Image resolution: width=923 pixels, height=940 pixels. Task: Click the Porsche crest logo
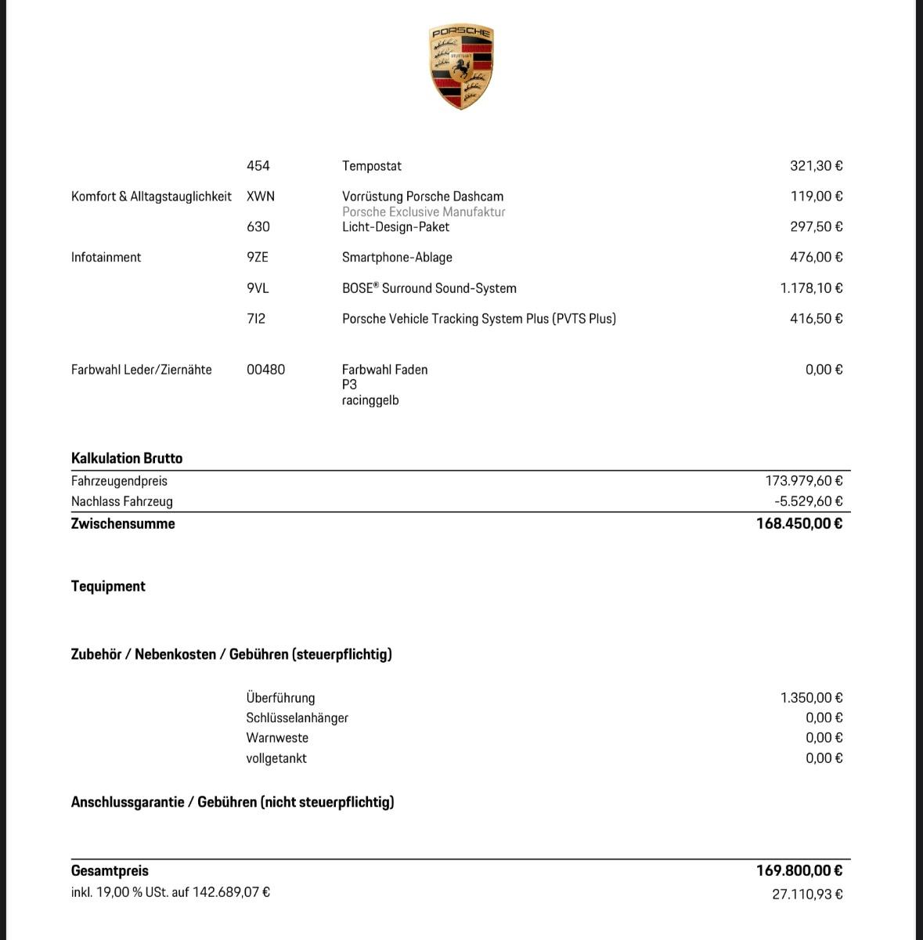(x=461, y=67)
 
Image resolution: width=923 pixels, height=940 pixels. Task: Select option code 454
(x=258, y=166)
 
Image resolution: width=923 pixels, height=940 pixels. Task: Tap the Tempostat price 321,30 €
(x=816, y=166)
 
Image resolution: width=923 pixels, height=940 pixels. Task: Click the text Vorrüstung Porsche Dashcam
(x=423, y=197)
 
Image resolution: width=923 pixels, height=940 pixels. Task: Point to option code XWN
(x=261, y=197)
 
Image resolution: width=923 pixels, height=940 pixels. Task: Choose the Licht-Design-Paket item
(x=395, y=227)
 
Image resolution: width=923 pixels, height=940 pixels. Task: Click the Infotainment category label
(x=106, y=258)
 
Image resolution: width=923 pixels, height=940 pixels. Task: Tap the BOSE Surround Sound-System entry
(x=429, y=288)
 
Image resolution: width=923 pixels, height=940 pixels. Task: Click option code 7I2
(x=256, y=319)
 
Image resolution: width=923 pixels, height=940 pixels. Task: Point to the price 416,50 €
(x=816, y=319)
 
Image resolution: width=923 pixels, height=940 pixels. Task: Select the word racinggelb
(x=370, y=400)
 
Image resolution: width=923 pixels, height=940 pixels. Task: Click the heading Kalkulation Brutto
(x=127, y=458)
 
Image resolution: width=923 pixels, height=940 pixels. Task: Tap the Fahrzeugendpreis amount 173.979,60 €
(x=804, y=481)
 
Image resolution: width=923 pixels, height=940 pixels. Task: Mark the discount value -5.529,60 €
(x=808, y=501)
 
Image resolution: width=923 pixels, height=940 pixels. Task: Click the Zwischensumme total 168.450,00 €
(x=799, y=523)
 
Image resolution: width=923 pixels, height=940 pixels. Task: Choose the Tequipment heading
(x=108, y=586)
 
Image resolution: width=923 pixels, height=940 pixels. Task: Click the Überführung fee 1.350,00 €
(x=811, y=698)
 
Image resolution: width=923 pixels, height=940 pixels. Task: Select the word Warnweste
(x=277, y=738)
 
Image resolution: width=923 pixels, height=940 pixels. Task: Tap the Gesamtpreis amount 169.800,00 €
(x=799, y=870)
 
